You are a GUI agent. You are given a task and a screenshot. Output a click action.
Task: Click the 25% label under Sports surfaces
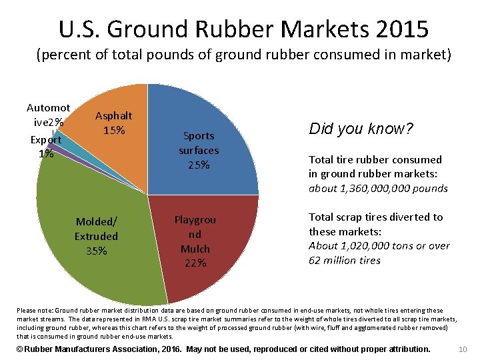(x=199, y=165)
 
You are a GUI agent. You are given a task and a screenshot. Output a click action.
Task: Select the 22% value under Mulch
(x=195, y=263)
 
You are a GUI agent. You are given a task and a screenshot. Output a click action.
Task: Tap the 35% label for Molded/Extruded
(x=96, y=251)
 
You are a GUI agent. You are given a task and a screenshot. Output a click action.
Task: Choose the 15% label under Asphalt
(x=114, y=130)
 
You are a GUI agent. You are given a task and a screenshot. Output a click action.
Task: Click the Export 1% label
(x=46, y=147)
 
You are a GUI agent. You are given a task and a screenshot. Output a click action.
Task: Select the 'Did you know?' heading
(x=361, y=129)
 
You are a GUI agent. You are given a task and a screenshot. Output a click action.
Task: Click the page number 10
(x=464, y=349)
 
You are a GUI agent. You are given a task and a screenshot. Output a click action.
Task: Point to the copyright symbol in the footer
(x=20, y=349)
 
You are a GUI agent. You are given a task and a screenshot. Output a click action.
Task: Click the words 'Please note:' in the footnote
(x=32, y=310)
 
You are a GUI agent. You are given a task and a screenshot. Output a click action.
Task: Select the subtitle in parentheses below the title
(x=243, y=55)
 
